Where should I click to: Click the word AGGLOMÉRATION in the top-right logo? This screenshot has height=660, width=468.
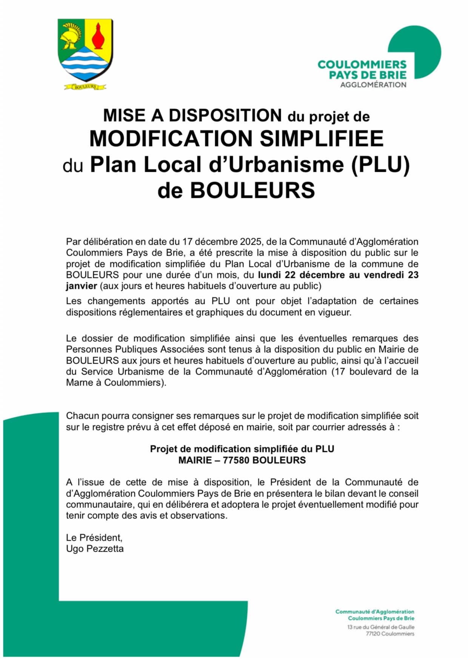(373, 85)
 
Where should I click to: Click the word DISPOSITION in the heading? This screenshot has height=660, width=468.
(225, 116)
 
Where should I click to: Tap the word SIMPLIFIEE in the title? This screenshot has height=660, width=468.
(322, 139)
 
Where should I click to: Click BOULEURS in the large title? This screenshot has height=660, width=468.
(252, 191)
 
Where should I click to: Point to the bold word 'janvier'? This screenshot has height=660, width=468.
(82, 286)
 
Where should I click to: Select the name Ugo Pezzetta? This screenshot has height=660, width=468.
(95, 549)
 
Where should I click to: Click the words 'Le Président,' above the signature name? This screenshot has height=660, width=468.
(94, 537)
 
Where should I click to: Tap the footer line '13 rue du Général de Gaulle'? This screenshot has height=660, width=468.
(380, 627)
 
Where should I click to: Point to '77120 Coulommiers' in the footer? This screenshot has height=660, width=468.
(390, 634)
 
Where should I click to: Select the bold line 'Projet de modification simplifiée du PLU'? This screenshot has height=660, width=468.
(242, 449)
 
